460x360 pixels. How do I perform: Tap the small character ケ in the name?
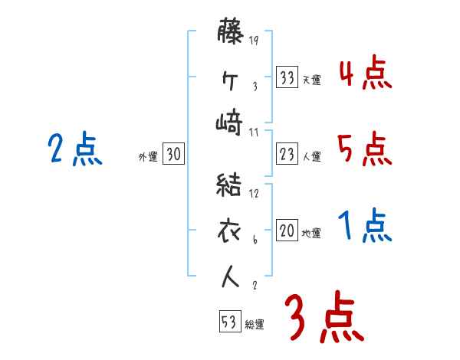coord(230,79)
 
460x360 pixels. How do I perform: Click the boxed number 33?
coord(287,77)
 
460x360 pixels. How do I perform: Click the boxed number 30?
coord(173,155)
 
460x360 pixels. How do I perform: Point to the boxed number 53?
coord(228,321)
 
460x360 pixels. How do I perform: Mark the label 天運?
coord(311,80)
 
